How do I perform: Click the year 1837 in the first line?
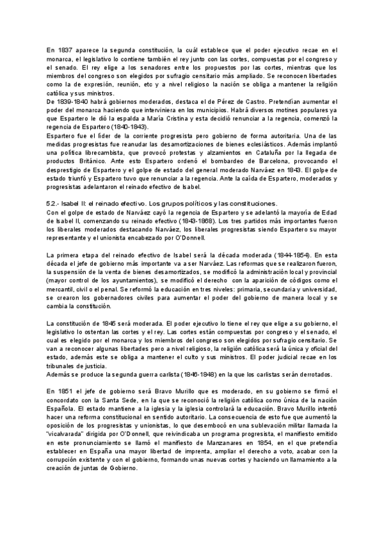(65, 49)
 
